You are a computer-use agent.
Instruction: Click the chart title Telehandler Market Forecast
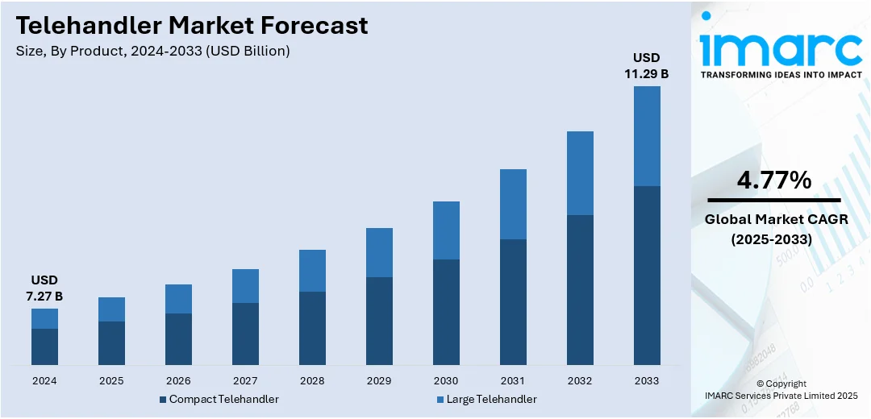click(192, 25)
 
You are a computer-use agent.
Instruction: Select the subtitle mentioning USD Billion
click(152, 51)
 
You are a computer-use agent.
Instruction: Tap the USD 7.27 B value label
click(45, 288)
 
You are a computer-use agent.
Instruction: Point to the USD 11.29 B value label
click(647, 65)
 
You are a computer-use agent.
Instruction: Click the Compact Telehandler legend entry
click(219, 399)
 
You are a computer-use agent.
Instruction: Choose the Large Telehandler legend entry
click(486, 399)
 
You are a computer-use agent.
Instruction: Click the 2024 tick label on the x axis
click(45, 380)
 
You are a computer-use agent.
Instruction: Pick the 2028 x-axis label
click(312, 380)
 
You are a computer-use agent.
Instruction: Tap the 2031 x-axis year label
click(513, 380)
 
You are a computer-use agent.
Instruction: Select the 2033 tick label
click(647, 380)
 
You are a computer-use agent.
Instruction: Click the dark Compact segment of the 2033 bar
click(647, 275)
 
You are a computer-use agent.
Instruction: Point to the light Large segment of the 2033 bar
click(647, 136)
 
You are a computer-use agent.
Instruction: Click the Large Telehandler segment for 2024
click(45, 318)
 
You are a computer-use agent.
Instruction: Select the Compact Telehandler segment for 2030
click(446, 312)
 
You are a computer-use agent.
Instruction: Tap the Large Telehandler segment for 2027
click(245, 286)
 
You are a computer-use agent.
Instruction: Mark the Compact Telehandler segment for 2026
click(178, 338)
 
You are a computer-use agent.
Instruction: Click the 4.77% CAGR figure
click(773, 181)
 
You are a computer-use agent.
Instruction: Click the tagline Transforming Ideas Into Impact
click(781, 74)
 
